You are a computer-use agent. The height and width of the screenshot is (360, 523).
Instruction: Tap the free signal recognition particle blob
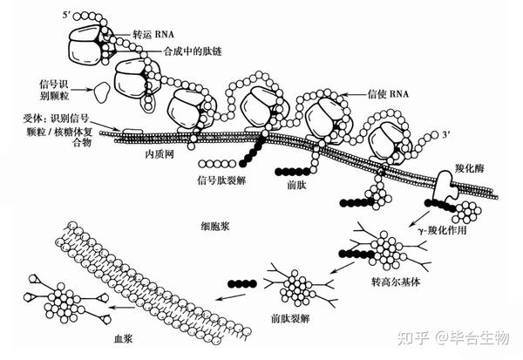102,90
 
